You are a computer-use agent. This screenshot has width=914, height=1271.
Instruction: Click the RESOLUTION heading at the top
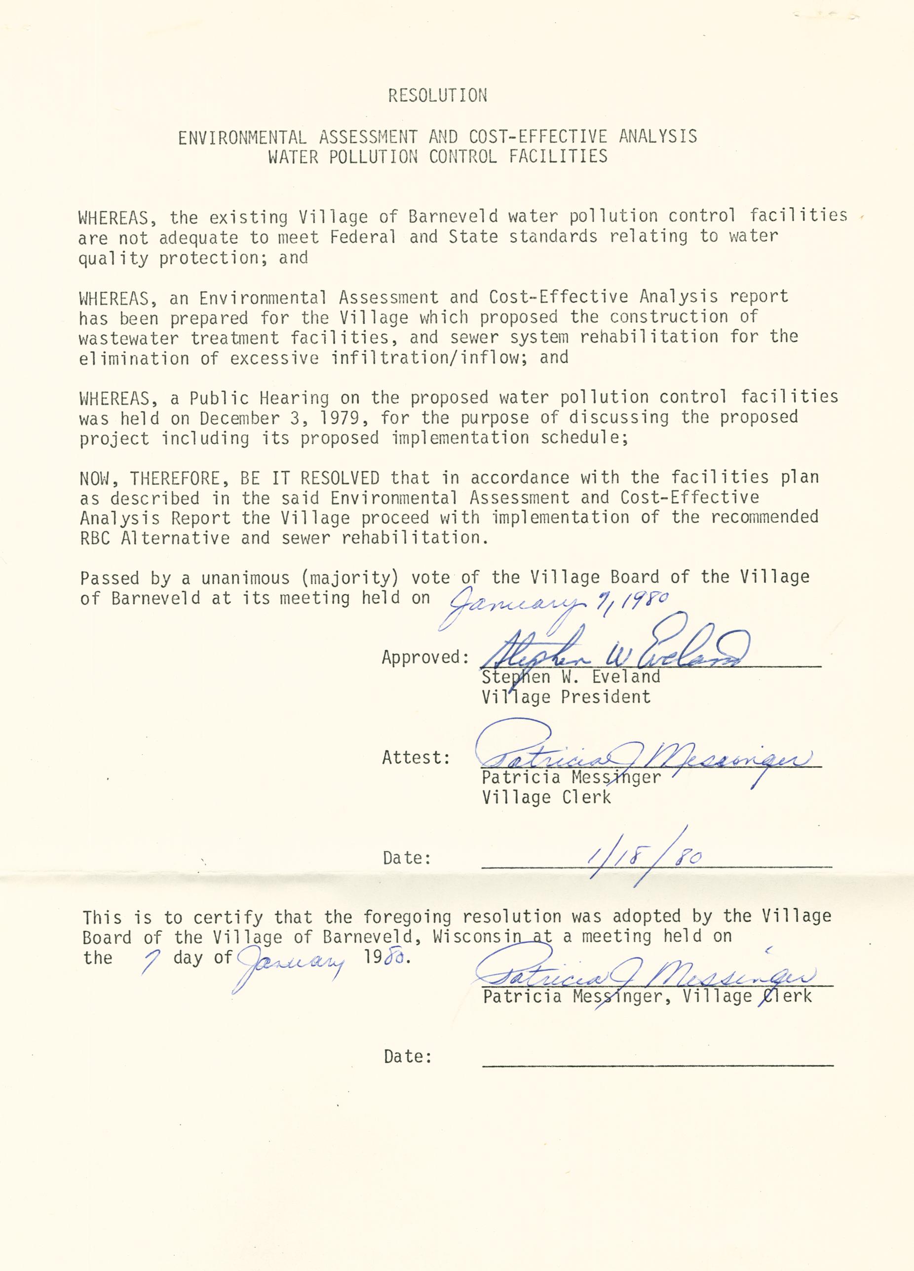click(437, 96)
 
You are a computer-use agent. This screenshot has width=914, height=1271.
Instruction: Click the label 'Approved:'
click(425, 657)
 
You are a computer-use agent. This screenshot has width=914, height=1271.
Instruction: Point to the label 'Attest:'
click(416, 758)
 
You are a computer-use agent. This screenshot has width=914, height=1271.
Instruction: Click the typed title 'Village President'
click(566, 697)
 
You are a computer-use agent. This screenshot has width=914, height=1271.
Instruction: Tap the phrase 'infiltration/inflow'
click(425, 357)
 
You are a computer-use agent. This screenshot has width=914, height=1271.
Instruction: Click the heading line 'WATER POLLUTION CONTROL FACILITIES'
click(437, 156)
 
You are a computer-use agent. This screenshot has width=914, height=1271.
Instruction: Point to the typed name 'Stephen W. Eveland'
click(571, 677)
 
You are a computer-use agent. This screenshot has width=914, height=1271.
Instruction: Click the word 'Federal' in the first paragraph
click(363, 237)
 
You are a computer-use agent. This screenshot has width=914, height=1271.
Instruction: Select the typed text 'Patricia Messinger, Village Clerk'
click(647, 996)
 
